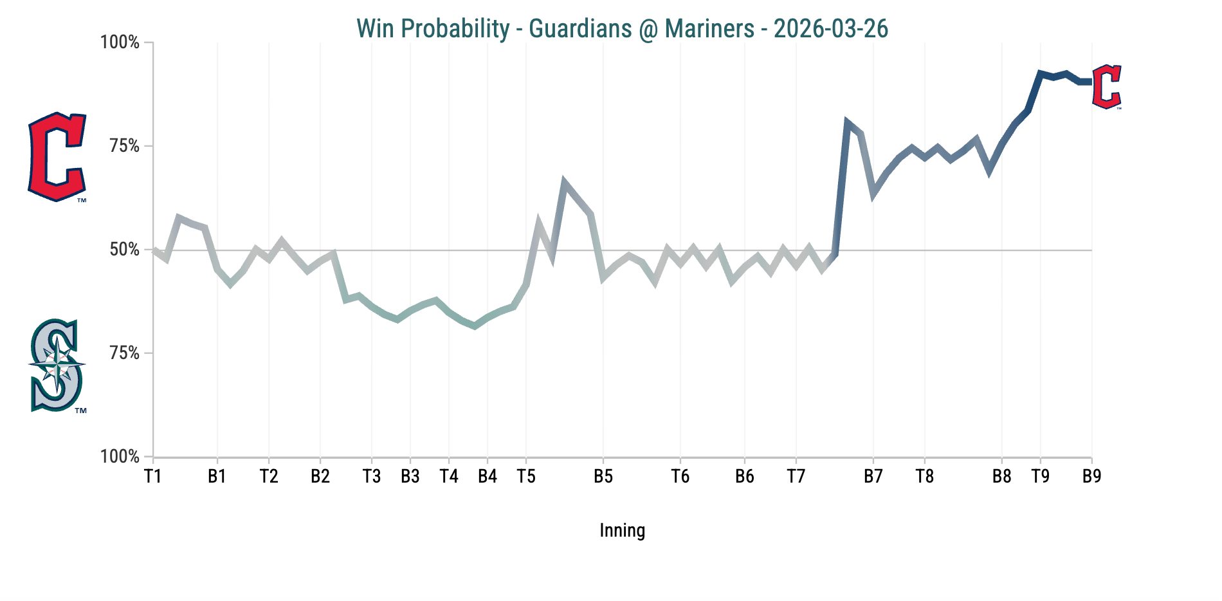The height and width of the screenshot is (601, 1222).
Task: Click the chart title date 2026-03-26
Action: [830, 29]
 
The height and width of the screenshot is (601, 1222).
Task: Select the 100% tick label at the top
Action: [120, 42]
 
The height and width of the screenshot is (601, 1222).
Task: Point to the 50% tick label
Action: [125, 250]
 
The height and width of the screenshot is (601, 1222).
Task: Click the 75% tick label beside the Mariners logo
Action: [125, 353]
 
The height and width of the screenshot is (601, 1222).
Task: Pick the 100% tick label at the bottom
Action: [120, 457]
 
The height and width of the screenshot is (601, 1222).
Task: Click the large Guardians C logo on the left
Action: [57, 156]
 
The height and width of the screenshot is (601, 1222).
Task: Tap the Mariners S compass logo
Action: [57, 365]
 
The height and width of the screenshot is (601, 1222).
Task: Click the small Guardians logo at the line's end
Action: [1107, 86]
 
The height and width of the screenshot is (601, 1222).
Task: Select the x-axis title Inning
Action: [622, 530]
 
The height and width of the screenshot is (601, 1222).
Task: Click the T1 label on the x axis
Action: [152, 477]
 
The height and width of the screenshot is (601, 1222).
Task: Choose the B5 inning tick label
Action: [603, 477]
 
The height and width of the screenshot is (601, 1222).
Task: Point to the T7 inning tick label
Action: [796, 477]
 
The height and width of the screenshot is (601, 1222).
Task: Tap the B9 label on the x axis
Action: [1091, 477]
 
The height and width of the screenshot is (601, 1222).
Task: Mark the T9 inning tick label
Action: [1040, 477]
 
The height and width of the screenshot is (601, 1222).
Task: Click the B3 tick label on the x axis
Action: [410, 477]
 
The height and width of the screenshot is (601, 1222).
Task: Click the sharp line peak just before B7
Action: [847, 122]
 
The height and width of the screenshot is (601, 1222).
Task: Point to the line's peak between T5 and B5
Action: [564, 183]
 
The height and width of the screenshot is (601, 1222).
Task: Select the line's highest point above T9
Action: [1040, 73]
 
